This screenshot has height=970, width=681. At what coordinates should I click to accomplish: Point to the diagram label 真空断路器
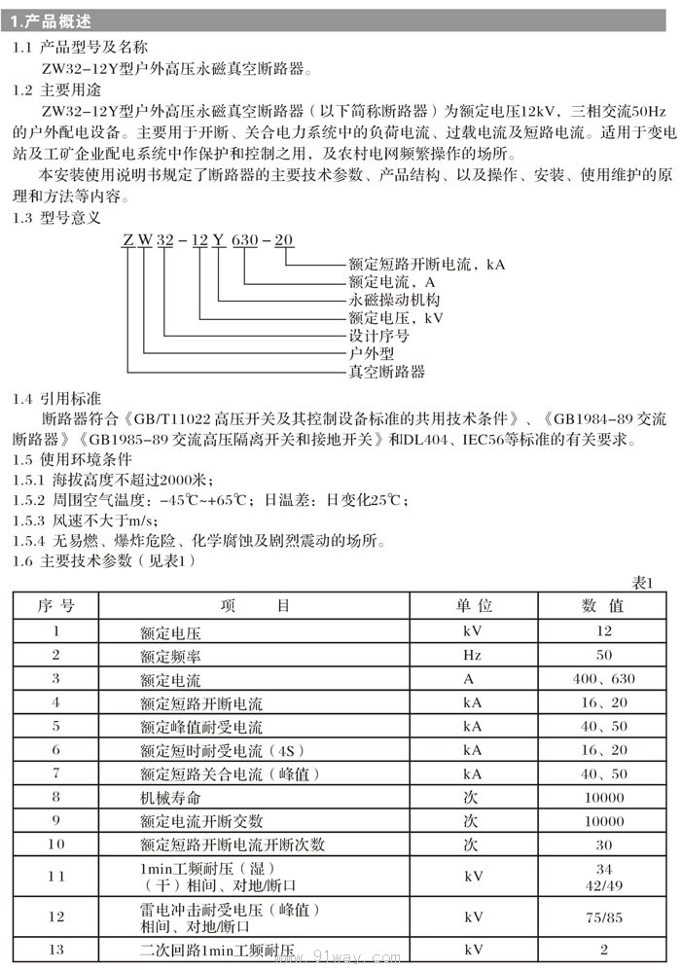(386, 371)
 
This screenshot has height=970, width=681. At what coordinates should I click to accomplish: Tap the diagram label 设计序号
(378, 336)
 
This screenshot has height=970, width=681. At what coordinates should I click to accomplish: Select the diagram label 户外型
(371, 353)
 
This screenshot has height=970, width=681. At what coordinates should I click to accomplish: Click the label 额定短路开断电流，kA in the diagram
(427, 264)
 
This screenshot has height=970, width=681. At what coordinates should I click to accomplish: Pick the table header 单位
(474, 606)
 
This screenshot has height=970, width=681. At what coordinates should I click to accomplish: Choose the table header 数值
(603, 606)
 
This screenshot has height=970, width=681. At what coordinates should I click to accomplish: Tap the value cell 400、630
(604, 679)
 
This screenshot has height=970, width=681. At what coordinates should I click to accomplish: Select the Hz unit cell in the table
(473, 656)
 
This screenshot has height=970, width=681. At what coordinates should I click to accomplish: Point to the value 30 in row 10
(604, 844)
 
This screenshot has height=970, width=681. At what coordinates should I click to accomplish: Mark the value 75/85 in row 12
(604, 916)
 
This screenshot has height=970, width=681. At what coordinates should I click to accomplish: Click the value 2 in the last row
(604, 950)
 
